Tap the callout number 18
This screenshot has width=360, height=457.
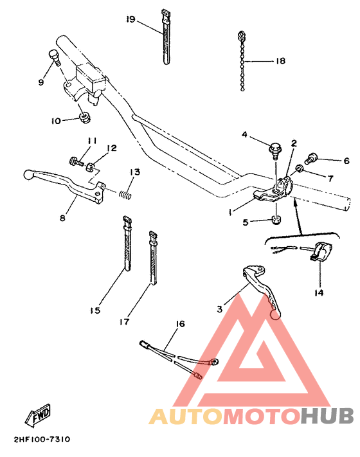click(x=280, y=62)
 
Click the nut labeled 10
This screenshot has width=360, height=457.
click(x=84, y=118)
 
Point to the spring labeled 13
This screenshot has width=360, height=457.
click(x=129, y=190)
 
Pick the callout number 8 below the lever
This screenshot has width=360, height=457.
click(x=62, y=218)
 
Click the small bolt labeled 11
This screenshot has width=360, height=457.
click(x=73, y=159)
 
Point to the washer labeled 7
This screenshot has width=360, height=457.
click(x=300, y=170)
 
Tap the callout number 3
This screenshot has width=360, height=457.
click(x=219, y=309)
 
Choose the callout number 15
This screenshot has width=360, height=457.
click(x=95, y=310)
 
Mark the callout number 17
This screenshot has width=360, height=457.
click(x=124, y=321)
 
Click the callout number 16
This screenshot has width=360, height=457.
click(x=180, y=324)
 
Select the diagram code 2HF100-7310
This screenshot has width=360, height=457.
click(x=40, y=440)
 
